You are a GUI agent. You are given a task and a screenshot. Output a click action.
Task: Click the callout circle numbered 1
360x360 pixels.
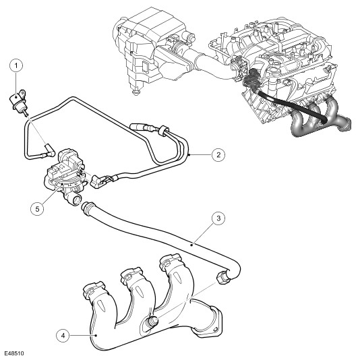click(x=16, y=65)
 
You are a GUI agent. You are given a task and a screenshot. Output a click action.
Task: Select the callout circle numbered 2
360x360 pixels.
click(x=218, y=155)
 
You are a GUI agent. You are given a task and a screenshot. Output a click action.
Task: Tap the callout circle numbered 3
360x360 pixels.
click(x=218, y=218)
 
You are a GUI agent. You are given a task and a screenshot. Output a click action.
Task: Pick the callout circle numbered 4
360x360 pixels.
click(x=63, y=336)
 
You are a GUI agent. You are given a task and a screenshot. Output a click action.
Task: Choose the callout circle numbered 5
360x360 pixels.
click(x=38, y=208)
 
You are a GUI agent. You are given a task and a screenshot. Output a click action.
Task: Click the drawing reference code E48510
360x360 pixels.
click(x=13, y=353)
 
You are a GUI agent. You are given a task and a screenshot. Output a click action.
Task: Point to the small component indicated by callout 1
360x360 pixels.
click(x=18, y=101)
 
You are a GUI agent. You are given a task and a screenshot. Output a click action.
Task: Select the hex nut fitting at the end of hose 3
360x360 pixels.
click(x=222, y=277)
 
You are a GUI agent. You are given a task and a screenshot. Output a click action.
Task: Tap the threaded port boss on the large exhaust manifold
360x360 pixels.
click(x=152, y=321)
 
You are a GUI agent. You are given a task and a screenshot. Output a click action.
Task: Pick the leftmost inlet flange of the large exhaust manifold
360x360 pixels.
click(x=94, y=290)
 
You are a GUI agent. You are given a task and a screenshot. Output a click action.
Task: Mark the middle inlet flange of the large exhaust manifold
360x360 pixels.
click(x=131, y=275)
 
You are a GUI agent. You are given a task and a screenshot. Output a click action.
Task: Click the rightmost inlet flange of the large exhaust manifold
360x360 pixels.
click(x=171, y=262)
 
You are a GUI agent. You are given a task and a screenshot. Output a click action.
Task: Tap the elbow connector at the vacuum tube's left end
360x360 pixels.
click(x=49, y=150)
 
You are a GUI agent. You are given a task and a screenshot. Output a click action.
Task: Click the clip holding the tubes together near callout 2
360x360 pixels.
click(x=164, y=130)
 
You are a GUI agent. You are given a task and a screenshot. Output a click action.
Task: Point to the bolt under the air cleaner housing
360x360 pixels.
click(x=136, y=92)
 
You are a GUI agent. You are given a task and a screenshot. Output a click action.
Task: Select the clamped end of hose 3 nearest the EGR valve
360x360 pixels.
click(x=88, y=208)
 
